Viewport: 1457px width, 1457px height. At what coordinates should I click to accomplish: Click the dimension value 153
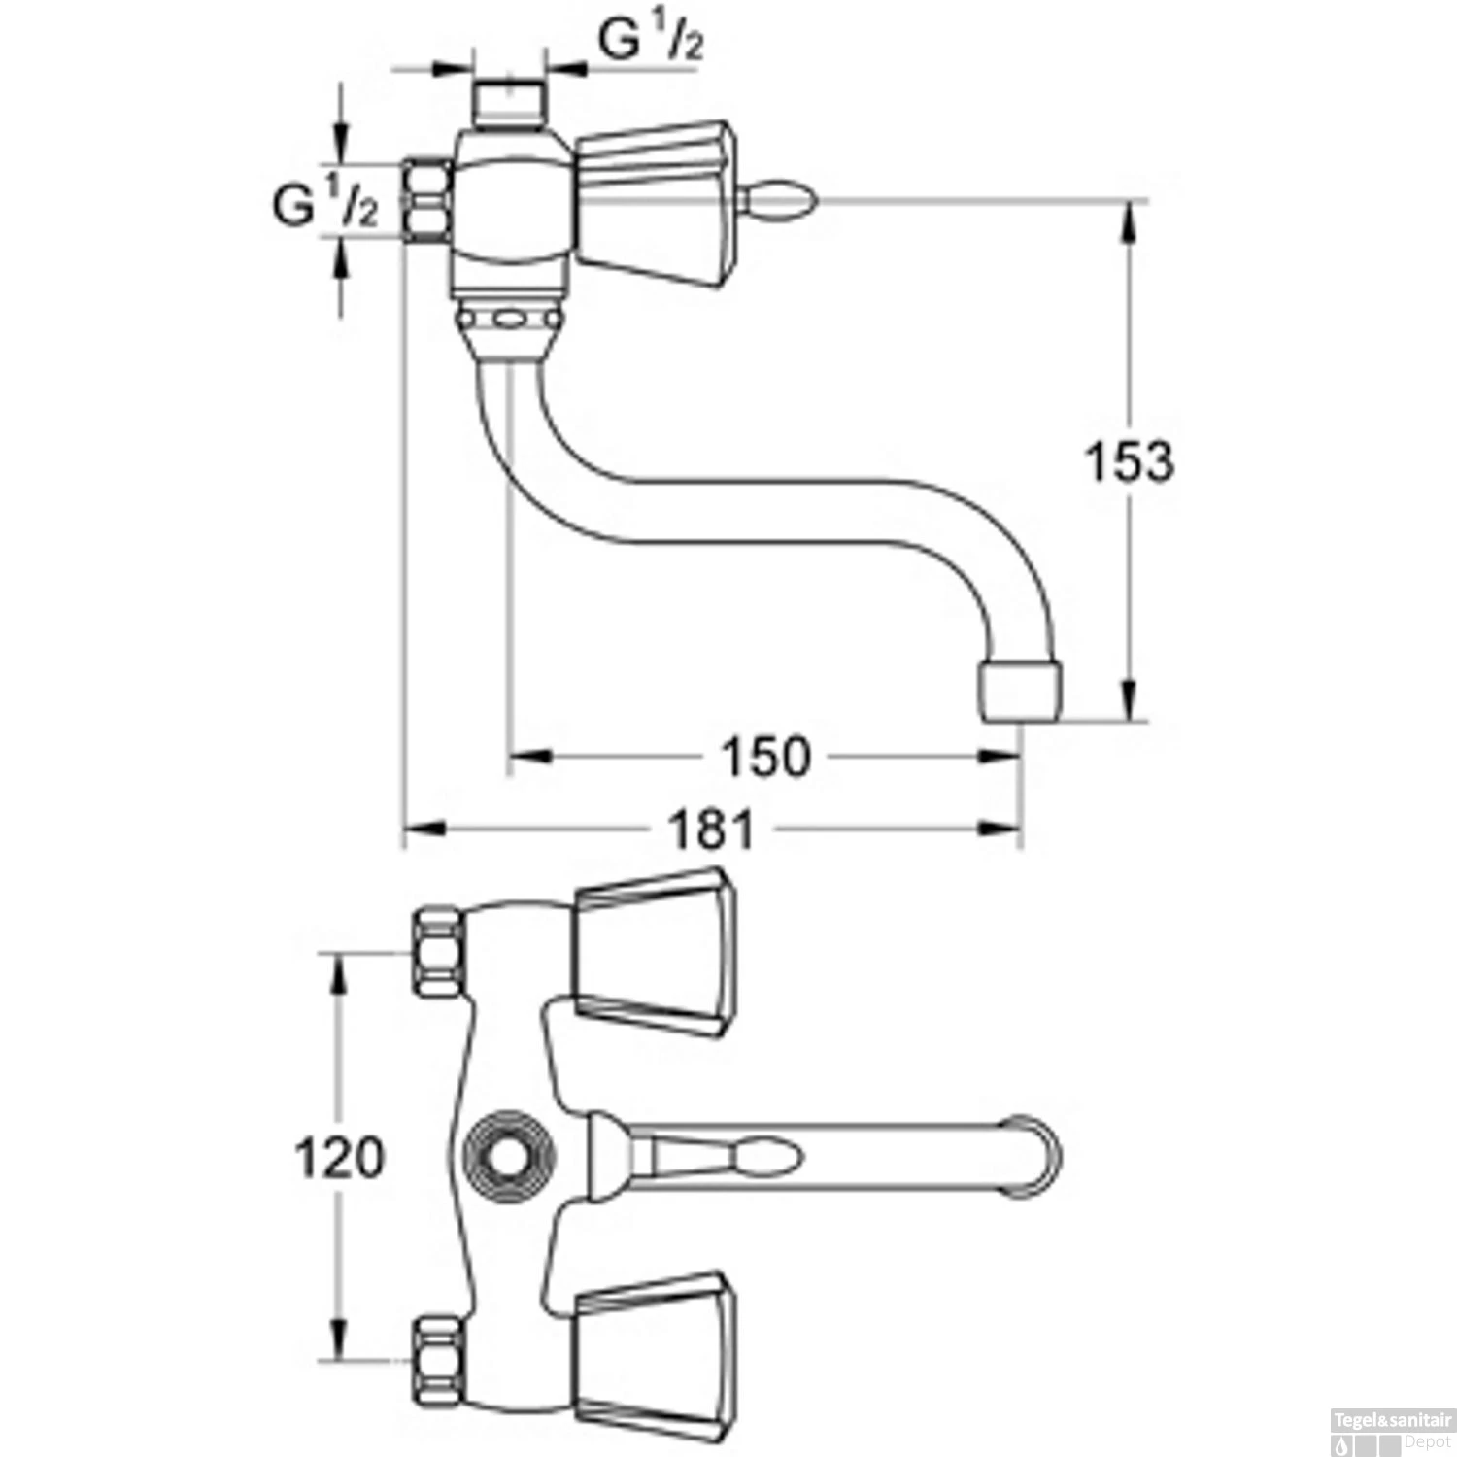click(1129, 461)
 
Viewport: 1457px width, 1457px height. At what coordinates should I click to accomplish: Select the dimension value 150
click(766, 757)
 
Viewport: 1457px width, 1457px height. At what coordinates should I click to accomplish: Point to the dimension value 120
click(339, 1159)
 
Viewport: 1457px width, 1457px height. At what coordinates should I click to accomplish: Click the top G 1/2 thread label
click(650, 41)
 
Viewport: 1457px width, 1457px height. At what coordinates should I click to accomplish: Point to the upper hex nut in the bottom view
click(439, 952)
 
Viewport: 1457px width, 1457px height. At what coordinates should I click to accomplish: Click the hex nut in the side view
click(427, 201)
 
